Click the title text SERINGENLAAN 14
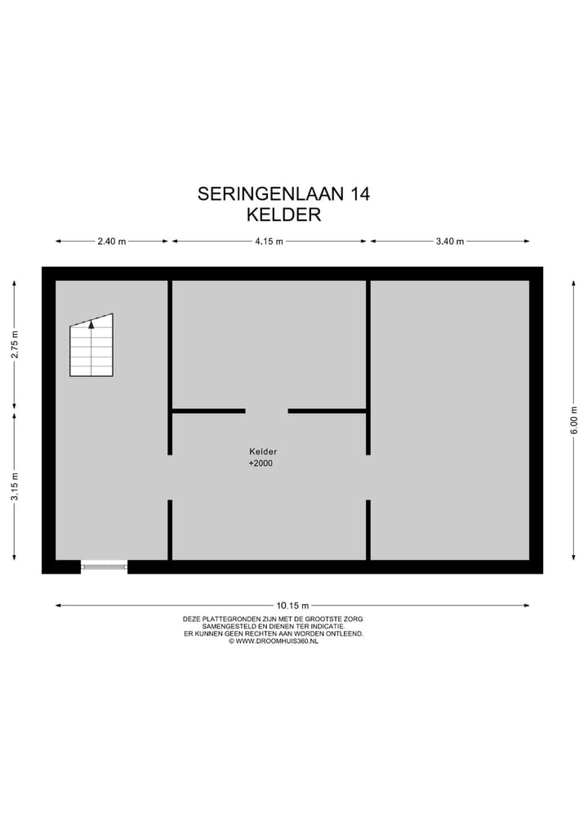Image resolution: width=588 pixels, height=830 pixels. pyautogui.click(x=283, y=194)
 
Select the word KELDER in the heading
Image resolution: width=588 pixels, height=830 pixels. pyautogui.click(x=283, y=215)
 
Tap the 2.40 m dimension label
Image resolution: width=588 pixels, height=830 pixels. pyautogui.click(x=111, y=242)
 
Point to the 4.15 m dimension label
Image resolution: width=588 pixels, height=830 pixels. pyautogui.click(x=269, y=242)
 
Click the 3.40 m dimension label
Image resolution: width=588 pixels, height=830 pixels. pyautogui.click(x=450, y=242)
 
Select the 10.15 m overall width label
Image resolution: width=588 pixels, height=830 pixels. pyautogui.click(x=292, y=606)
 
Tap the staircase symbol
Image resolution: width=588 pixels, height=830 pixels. pyautogui.click(x=91, y=347)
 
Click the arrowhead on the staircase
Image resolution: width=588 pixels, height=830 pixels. pyautogui.click(x=91, y=324)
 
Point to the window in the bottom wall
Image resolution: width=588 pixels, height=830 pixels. pyautogui.click(x=104, y=566)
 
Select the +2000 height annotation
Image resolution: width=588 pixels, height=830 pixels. pyautogui.click(x=261, y=464)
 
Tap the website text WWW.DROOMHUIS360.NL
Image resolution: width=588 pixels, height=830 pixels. pyautogui.click(x=277, y=641)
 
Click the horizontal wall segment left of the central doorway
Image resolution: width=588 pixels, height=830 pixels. pyautogui.click(x=208, y=411)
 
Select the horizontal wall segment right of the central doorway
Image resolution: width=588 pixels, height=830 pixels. pyautogui.click(x=327, y=411)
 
